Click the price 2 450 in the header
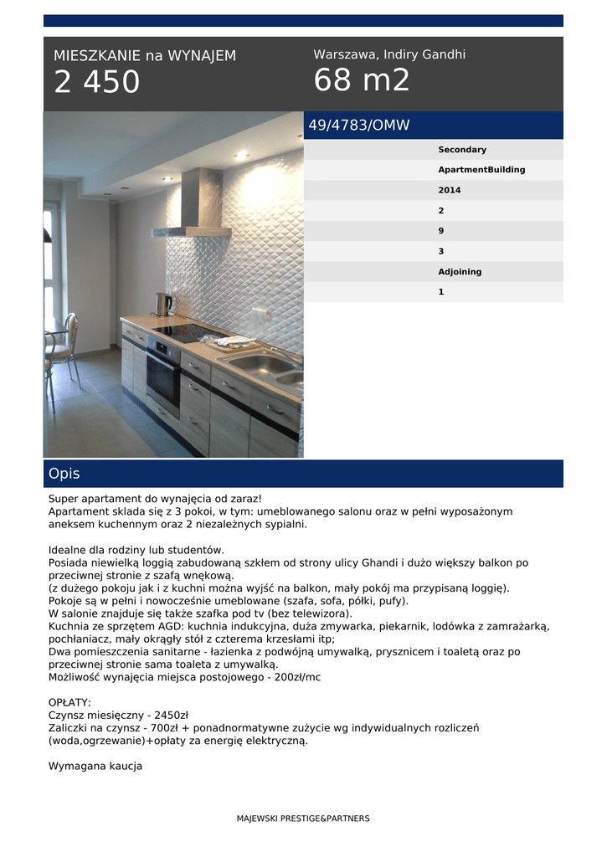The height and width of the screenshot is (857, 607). coord(96,82)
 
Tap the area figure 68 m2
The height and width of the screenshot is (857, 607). coord(362,80)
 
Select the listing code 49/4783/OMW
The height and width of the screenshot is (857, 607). coord(359,126)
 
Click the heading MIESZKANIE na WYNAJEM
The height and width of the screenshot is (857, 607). coord(145,56)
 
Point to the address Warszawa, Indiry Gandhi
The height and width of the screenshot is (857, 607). coord(389,54)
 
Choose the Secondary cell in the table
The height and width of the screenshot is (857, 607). coord(462,150)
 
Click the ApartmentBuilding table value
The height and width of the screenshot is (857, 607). coord(481,170)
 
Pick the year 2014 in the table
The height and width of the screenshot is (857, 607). coord(450,190)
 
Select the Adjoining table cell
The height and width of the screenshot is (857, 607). coord(460,272)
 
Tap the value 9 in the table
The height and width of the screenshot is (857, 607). coord(441,231)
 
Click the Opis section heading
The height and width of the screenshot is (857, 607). coord(64,474)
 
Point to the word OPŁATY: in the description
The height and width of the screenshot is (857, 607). coord(70,702)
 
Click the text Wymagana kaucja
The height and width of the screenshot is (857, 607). coord(95,766)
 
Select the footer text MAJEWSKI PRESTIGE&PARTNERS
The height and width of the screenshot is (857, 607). coord(303,819)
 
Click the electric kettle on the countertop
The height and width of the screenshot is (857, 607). coord(163,303)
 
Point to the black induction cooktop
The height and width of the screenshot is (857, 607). coord(189,331)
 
